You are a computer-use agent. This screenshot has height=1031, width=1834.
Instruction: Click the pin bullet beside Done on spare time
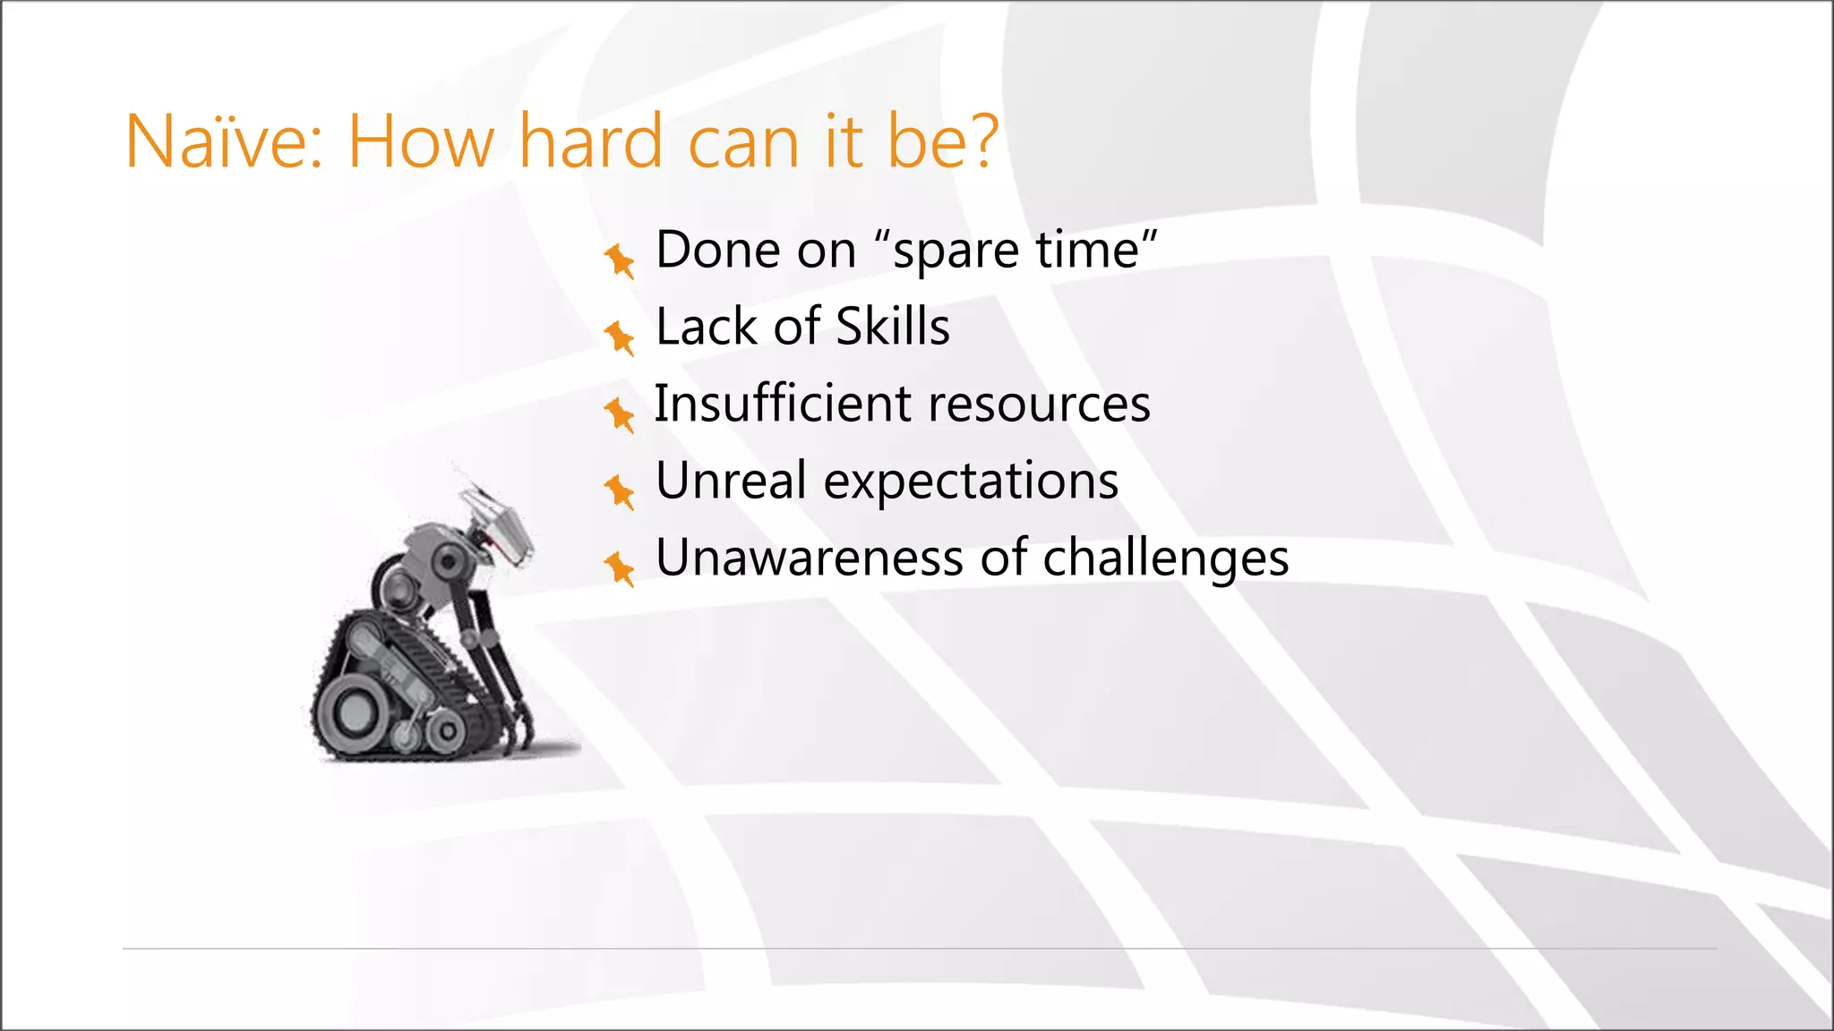coord(619,260)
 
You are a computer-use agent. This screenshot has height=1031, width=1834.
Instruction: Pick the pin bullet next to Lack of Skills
coord(619,337)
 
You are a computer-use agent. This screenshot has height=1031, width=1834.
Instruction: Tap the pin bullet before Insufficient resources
coord(619,414)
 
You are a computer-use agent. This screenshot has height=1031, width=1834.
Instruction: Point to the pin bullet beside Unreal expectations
coord(619,491)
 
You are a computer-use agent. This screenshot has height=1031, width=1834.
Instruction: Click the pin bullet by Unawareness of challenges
coord(619,568)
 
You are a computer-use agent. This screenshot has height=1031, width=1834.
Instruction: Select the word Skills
coord(892,326)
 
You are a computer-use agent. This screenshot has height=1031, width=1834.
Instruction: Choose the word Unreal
coord(731,481)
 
